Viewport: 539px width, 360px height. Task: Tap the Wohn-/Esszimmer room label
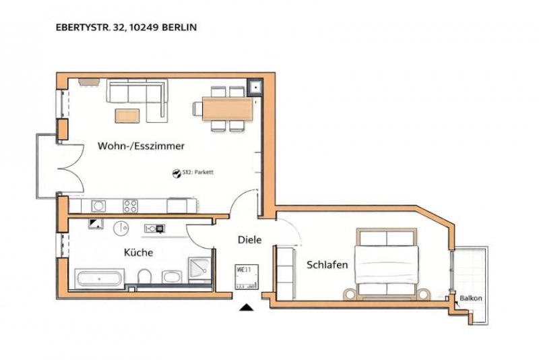pos(141,146)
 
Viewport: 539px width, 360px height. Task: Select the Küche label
pos(137,253)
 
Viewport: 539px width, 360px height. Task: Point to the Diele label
pos(249,239)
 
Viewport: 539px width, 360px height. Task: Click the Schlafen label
pos(327,265)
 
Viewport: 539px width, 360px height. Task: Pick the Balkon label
pos(471,299)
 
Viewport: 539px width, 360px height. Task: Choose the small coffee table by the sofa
pos(128,115)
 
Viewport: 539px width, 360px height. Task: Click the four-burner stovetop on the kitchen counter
pos(131,205)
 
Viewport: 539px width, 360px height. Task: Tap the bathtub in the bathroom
pos(99,278)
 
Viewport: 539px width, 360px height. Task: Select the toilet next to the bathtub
pos(144,277)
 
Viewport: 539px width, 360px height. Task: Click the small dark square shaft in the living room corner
pos(257,87)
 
